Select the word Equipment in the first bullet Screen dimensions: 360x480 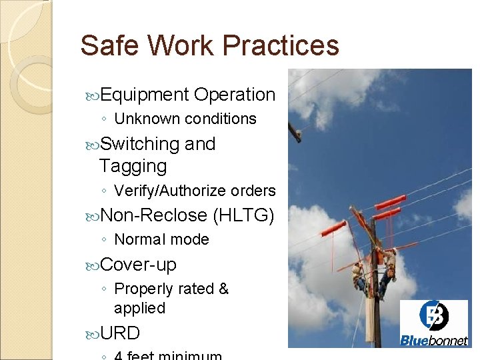coord(145,95)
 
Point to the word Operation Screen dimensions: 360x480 coord(235,95)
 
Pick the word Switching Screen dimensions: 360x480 coord(139,144)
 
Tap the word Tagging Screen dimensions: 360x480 coord(133,166)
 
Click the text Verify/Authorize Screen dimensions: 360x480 coord(170,191)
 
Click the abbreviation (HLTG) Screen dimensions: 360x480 coord(243,215)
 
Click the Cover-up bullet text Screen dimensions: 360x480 coord(138,265)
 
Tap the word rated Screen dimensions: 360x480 coord(194,289)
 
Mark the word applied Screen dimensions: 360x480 coord(139,308)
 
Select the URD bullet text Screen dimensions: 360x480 coord(120,333)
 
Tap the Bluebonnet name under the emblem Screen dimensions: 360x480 coord(433,341)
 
